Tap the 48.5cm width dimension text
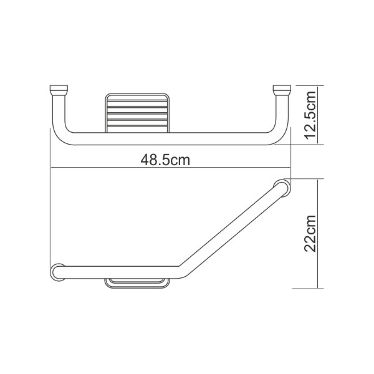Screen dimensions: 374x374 pyautogui.click(x=165, y=160)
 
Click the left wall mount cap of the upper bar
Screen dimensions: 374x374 pyautogui.click(x=58, y=89)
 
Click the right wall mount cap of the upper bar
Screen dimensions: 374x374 pyautogui.click(x=282, y=89)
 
